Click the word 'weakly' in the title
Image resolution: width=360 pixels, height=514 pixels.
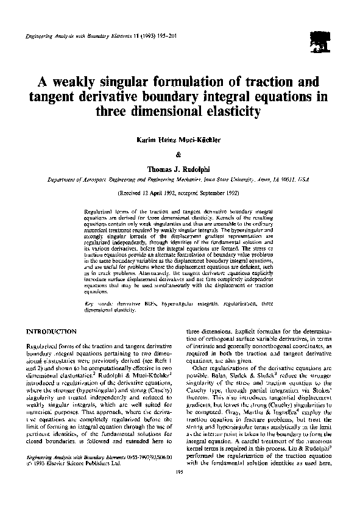pos(74,82)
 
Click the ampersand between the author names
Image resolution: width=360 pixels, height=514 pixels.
pos(179,154)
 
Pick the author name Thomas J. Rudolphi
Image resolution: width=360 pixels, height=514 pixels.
pos(179,168)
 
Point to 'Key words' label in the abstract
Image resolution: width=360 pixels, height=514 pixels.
pos(96,304)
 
